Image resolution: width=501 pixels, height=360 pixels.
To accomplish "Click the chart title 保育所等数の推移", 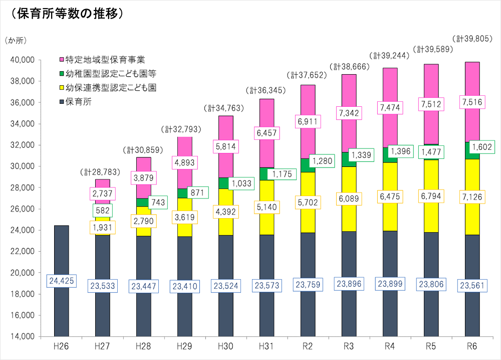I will pyautogui.click(x=64, y=14).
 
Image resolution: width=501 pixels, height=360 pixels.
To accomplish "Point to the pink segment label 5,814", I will pyautogui.click(x=225, y=147).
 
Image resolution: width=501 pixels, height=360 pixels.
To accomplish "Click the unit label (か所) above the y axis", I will pyautogui.click(x=16, y=40).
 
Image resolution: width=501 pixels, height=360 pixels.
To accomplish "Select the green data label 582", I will pyautogui.click(x=102, y=210).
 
